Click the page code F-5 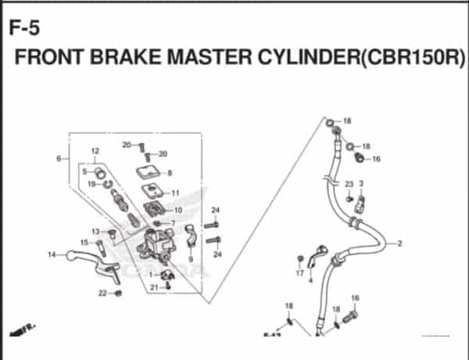point(23,30)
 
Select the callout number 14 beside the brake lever point(52,255)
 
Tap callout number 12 point(94,151)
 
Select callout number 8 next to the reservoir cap point(170,173)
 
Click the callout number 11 point(175,193)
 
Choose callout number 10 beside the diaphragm point(177,210)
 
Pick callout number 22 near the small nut point(102,293)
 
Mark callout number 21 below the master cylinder point(154,287)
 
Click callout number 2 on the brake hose point(399,244)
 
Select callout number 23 point(349,184)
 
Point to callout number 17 point(299,273)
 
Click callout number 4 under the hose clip point(310,280)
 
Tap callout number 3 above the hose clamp point(361,184)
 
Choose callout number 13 point(95,231)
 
